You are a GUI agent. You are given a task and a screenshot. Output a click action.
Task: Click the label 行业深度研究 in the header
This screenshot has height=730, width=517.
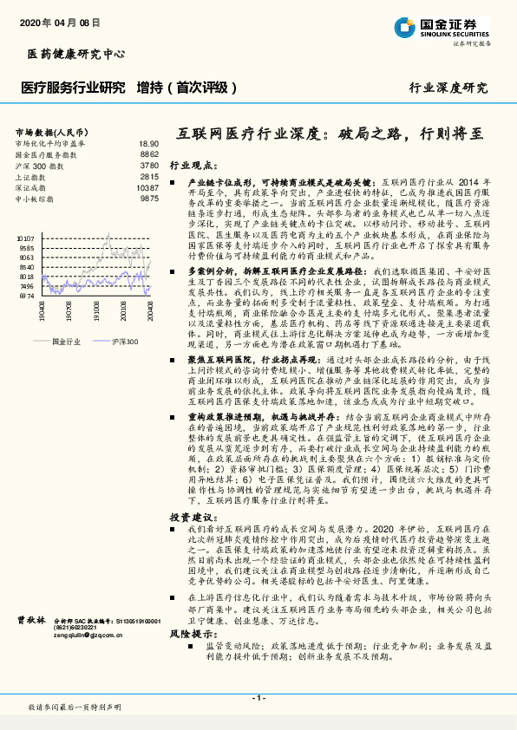448,88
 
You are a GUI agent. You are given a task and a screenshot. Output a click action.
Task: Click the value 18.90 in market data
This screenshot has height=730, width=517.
147,143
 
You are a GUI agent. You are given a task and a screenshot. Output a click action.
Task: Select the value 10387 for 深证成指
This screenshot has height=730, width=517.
147,187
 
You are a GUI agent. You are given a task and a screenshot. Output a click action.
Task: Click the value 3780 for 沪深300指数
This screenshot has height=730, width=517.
148,165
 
